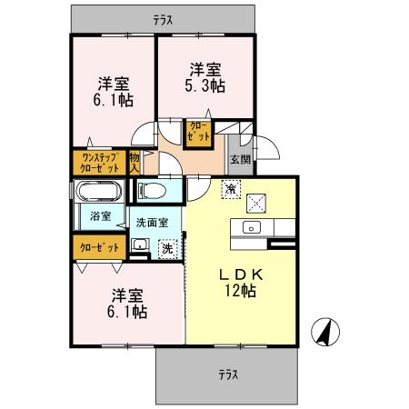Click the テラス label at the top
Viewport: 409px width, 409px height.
[164, 18]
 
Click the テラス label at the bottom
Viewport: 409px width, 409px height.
[227, 373]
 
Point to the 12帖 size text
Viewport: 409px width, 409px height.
[240, 293]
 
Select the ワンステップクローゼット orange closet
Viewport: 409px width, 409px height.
[98, 163]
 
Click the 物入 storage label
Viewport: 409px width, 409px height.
[135, 163]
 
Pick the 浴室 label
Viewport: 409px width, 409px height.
[100, 216]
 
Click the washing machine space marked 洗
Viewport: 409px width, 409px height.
[166, 247]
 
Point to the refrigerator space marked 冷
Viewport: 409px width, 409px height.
[230, 189]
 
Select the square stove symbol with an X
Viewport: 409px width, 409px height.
[257, 202]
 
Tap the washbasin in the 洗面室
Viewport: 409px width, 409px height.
[141, 246]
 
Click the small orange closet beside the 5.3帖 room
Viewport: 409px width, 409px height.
[198, 132]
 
